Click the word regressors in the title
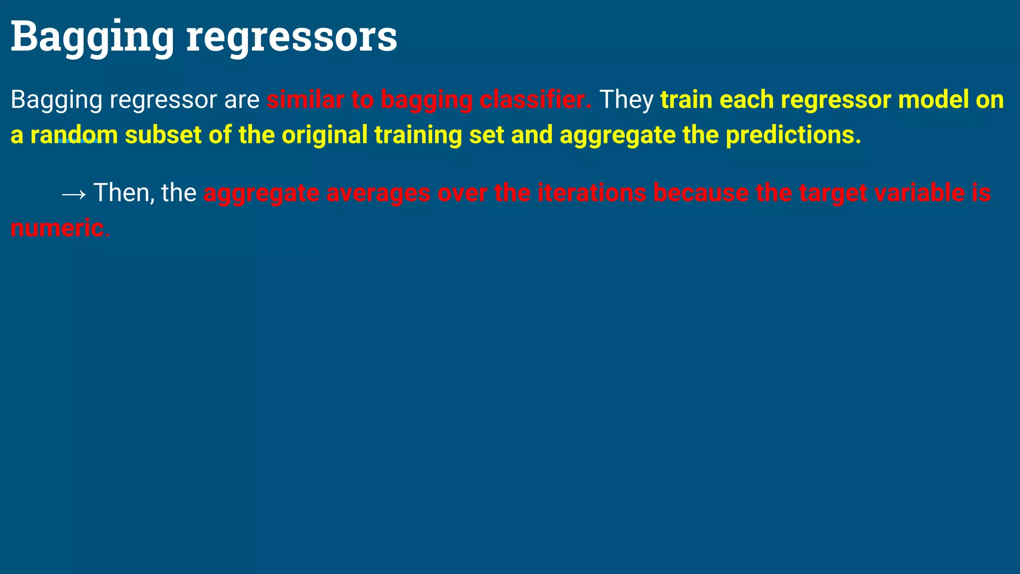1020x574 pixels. click(x=291, y=37)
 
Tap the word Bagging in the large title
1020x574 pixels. click(x=92, y=37)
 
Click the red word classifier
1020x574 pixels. click(x=535, y=100)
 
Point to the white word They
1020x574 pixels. click(x=626, y=100)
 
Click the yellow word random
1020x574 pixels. click(x=74, y=135)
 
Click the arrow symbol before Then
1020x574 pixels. click(x=74, y=193)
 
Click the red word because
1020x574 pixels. click(x=701, y=193)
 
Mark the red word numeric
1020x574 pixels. click(x=57, y=228)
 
